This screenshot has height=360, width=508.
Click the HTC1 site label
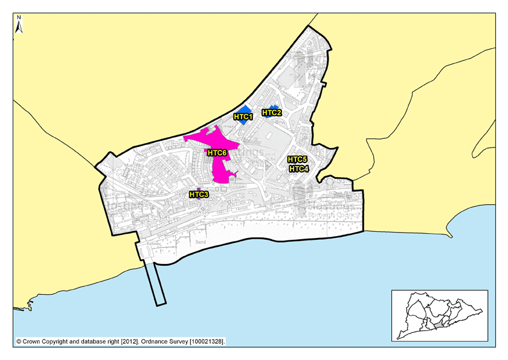coord(243,117)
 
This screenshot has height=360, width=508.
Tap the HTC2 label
coord(271,112)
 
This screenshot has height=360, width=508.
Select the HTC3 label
coord(199,194)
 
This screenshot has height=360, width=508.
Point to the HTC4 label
coord(298,169)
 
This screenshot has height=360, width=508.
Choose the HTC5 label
coord(297,159)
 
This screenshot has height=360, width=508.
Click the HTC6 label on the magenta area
coord(217,153)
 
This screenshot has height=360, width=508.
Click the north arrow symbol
coord(19,27)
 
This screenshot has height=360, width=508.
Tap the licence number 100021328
coord(207,342)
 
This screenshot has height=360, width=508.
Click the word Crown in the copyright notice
coord(34,342)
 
